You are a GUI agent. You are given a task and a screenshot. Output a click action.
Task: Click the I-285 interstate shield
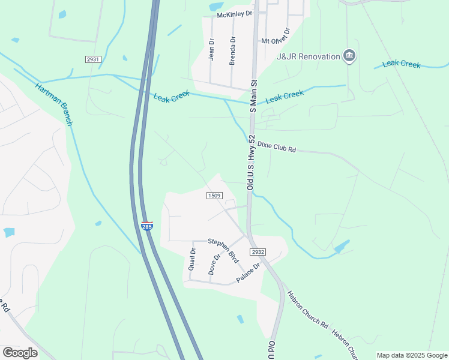147,226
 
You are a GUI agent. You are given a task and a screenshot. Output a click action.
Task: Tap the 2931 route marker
92,59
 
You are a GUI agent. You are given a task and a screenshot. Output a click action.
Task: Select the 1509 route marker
215,196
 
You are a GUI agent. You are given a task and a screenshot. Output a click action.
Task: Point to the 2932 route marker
258,253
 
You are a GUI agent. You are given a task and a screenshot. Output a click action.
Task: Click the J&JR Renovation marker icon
350,56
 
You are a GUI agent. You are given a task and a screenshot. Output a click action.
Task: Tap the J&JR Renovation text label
308,56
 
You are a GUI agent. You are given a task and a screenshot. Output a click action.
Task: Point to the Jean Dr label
211,49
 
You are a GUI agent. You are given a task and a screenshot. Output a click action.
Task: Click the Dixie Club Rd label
277,147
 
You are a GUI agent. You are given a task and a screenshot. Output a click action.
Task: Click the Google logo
20,353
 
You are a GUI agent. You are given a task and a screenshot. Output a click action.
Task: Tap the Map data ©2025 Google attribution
411,355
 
